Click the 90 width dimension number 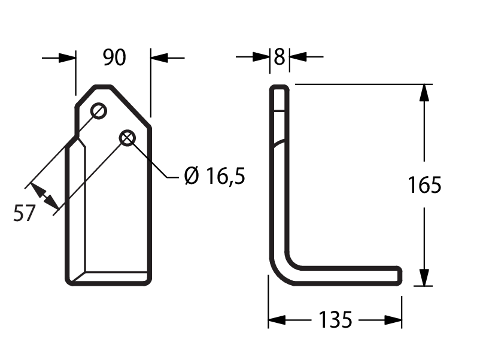point(114,58)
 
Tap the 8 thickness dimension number point(279,57)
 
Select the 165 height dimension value point(424,184)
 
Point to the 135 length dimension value point(335,319)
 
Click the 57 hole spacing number point(25,213)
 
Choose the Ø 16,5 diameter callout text point(215,176)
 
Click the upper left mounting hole point(99,111)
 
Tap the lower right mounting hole point(127,138)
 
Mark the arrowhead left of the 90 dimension point(67,58)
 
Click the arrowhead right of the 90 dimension point(159,58)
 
